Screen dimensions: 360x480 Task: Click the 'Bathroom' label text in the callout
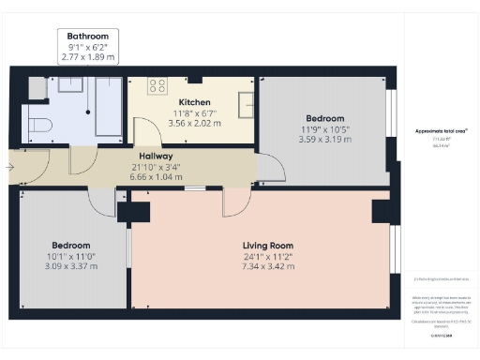pyautogui.click(x=87, y=36)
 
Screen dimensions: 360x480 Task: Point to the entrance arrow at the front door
pyautogui.click(x=9, y=167)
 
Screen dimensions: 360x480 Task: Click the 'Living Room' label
pyautogui.click(x=262, y=246)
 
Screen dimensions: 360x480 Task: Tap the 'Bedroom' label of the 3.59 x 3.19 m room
pyautogui.click(x=325, y=119)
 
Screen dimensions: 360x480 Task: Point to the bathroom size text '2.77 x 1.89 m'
pyautogui.click(x=87, y=57)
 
